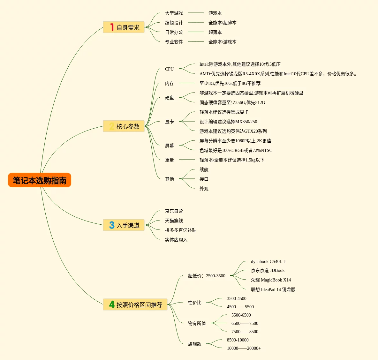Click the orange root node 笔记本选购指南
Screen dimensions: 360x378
pos(40,180)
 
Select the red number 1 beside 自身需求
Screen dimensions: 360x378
pos(112,27)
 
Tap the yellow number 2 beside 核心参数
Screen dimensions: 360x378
pos(111,126)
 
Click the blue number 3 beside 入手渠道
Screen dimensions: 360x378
pos(112,225)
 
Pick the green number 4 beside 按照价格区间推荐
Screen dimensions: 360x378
pos(112,304)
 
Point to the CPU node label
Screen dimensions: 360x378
pos(169,69)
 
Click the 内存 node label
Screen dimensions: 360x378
pos(169,83)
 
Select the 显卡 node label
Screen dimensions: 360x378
pos(169,122)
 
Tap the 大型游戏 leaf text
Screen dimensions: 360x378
pos(174,13)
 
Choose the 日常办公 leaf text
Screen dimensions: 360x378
pos(174,32)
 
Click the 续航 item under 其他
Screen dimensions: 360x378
pos(204,169)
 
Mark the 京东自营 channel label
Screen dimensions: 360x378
pos(174,211)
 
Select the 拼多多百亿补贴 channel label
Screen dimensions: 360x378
pos(180,230)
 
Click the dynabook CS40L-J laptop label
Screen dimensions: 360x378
pos(268,261)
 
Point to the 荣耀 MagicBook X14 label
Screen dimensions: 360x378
pos(271,280)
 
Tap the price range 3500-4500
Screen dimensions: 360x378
pos(236,298)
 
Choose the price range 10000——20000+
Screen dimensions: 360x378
pos(244,348)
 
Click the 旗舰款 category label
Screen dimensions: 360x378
pos(194,344)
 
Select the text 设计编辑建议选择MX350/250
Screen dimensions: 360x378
pos(228,122)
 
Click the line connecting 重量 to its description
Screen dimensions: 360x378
pos(187,160)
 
